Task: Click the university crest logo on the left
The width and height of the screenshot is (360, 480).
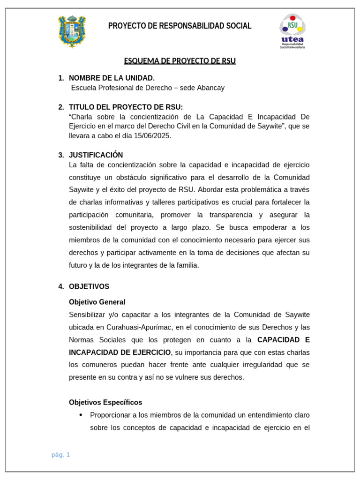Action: point(72,31)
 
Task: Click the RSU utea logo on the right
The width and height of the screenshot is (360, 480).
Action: point(292,31)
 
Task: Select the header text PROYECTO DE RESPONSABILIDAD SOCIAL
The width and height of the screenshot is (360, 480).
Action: point(180,26)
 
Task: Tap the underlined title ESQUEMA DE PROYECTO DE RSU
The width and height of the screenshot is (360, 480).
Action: point(180,61)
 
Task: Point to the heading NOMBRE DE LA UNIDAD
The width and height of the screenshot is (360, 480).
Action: point(112,78)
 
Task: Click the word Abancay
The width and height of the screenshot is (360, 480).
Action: point(210,88)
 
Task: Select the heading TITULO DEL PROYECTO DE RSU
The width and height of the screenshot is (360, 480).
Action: point(126,107)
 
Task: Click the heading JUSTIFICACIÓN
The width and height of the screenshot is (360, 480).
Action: point(96,155)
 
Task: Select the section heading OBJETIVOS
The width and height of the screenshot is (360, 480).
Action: point(89,286)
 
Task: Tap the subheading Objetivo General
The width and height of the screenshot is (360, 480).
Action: point(97,302)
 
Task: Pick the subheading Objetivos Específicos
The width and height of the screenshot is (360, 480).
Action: point(105,402)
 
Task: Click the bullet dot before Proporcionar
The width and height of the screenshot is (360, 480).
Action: point(81,415)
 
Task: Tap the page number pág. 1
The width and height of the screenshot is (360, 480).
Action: point(60,455)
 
